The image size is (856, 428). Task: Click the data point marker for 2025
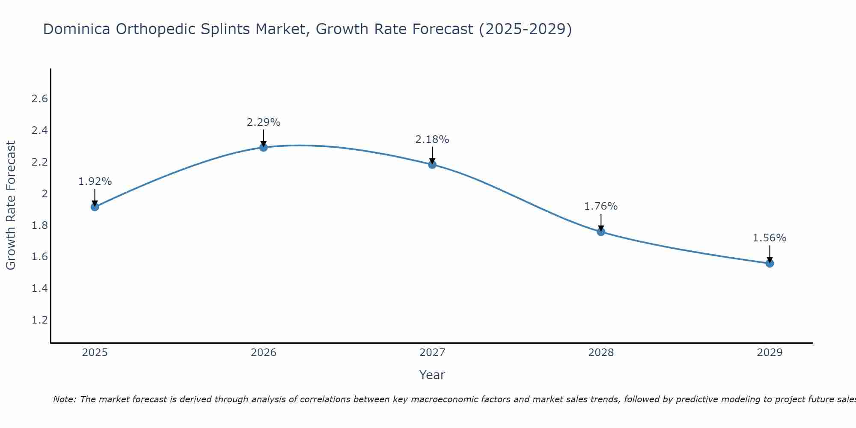(x=95, y=207)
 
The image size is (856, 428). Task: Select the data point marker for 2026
(x=264, y=147)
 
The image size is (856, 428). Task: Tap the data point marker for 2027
(x=432, y=164)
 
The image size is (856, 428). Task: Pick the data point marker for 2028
(x=601, y=232)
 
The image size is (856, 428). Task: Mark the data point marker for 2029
(x=770, y=263)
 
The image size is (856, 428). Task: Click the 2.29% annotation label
(x=264, y=122)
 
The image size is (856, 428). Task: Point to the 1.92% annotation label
(x=95, y=181)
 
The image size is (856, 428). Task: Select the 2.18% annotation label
(x=432, y=140)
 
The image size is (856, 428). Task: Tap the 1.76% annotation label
(x=601, y=206)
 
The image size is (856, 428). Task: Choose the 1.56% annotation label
(x=770, y=238)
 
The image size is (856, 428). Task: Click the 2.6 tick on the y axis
(x=39, y=99)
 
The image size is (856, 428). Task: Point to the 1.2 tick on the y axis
(x=39, y=320)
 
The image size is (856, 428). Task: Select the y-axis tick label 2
(x=44, y=194)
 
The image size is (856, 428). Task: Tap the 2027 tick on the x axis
(x=432, y=353)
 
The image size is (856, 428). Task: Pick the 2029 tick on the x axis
(x=770, y=353)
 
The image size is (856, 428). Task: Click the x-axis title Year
(x=432, y=375)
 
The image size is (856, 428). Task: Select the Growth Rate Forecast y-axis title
(x=11, y=205)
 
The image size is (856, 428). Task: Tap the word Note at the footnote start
(x=64, y=399)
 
